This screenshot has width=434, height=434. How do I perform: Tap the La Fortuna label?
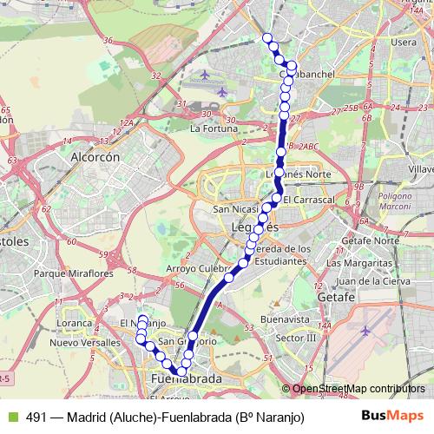(x=212, y=128)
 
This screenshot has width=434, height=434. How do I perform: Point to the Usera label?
(x=404, y=42)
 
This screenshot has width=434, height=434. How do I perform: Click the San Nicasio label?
(x=237, y=209)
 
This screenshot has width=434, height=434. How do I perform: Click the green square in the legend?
(x=11, y=417)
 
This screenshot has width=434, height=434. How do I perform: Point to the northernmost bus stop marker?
(x=268, y=37)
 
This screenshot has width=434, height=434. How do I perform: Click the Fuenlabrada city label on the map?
(x=186, y=380)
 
